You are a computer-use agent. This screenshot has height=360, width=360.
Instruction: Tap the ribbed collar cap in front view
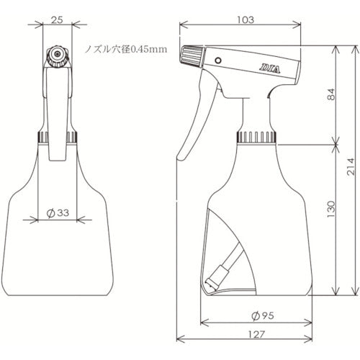[x=57, y=137]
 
